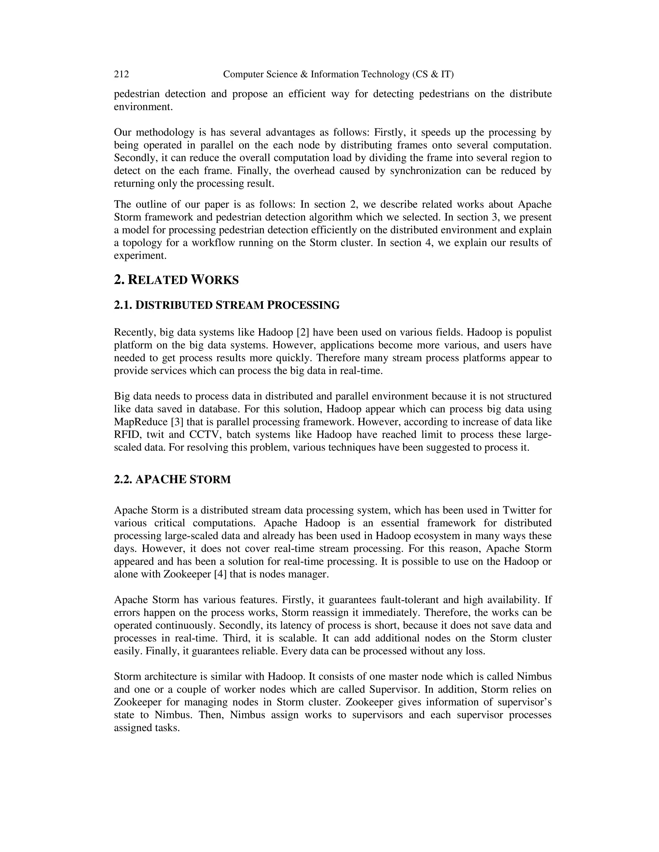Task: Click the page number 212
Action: tap(121, 74)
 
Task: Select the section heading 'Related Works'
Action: tap(183, 280)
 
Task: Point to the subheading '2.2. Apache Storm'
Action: tap(172, 479)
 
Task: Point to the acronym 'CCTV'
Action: tap(205, 435)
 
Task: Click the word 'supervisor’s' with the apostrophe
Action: tap(526, 702)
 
